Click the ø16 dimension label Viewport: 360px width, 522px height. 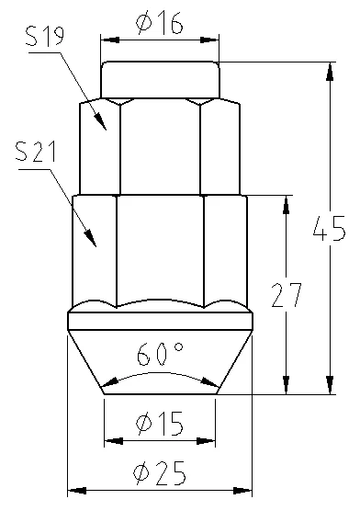[160, 23]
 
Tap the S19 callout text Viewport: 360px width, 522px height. [44, 36]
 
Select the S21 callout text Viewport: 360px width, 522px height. [36, 152]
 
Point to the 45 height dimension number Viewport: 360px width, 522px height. [330, 228]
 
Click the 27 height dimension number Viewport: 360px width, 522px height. [287, 295]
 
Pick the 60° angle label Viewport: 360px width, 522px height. [160, 354]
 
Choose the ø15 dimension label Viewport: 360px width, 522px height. [160, 424]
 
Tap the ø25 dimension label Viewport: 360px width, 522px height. [160, 473]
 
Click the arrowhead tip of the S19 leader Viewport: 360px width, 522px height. [106, 130]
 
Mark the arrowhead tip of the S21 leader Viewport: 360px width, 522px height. [96, 246]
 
